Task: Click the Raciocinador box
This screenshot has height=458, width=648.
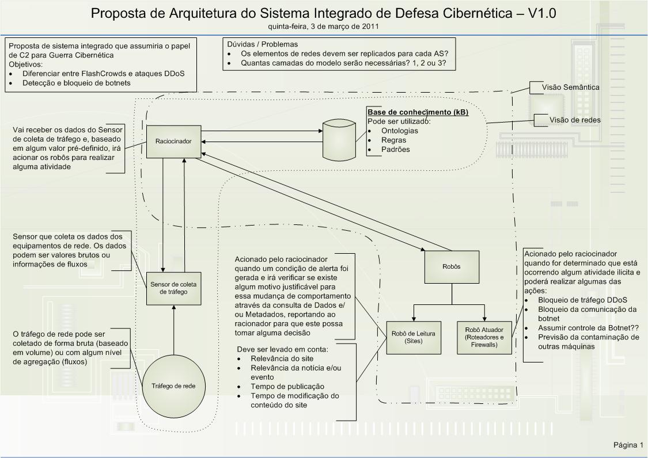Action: click(173, 141)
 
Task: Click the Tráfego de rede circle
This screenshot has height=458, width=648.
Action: click(173, 386)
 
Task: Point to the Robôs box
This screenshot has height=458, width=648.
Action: click(452, 266)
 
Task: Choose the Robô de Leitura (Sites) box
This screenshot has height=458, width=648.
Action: click(414, 337)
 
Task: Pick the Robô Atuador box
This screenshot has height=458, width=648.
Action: click(484, 337)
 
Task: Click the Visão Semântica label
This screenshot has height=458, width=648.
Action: click(570, 87)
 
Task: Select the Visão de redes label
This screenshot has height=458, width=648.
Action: click(575, 120)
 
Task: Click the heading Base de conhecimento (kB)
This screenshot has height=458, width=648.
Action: click(418, 112)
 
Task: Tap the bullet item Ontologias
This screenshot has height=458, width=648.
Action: click(400, 131)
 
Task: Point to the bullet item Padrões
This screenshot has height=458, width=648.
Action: click(395, 150)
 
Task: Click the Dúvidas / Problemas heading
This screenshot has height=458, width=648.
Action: click(263, 44)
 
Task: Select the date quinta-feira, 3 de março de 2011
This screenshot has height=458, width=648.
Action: click(323, 26)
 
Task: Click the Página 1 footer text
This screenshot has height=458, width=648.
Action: click(628, 445)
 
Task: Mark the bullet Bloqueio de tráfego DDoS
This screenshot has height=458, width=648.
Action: click(582, 300)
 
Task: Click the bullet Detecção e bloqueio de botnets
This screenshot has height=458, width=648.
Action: click(77, 83)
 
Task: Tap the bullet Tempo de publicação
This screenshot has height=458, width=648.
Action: click(287, 387)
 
